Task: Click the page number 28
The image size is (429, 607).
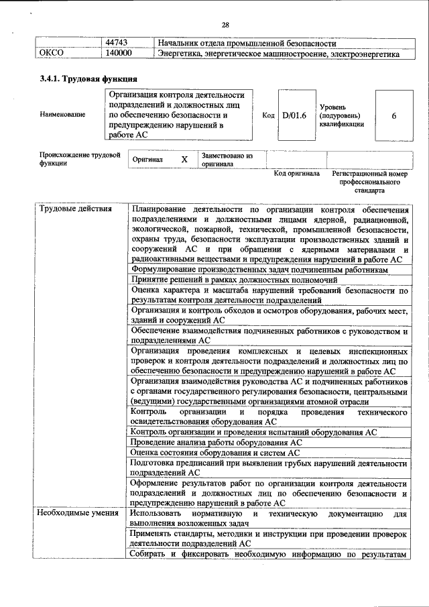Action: (225, 25)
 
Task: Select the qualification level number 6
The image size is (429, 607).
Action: (393, 115)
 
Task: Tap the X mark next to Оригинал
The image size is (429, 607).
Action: (184, 160)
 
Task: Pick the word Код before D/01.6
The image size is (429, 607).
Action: (268, 115)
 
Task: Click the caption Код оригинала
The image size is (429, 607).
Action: (296, 174)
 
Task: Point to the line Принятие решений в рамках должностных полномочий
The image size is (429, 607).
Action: (243, 280)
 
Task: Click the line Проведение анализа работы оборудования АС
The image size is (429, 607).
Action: (217, 443)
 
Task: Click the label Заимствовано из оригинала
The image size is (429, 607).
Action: (227, 159)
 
